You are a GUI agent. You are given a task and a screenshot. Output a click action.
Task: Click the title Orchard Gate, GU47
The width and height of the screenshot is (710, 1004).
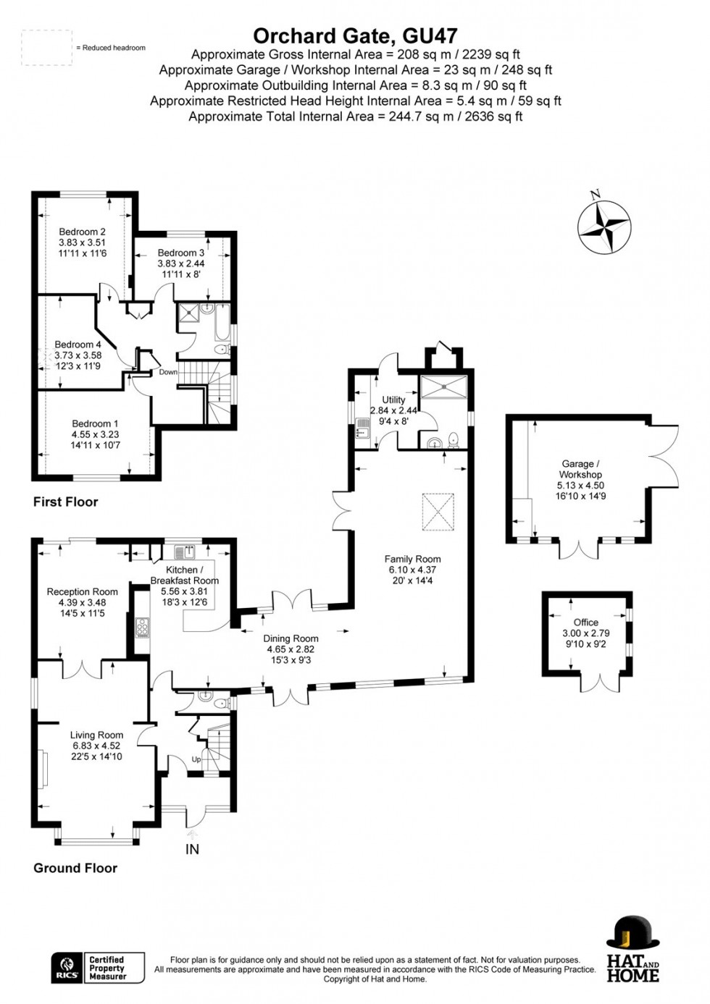pyautogui.click(x=355, y=36)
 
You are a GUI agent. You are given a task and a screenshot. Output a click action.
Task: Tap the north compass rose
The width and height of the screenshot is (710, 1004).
pyautogui.click(x=603, y=227)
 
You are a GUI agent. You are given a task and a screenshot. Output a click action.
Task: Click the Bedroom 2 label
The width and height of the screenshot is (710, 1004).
pyautogui.click(x=83, y=232)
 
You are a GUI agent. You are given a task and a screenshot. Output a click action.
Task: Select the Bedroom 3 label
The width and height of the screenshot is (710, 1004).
pyautogui.click(x=180, y=253)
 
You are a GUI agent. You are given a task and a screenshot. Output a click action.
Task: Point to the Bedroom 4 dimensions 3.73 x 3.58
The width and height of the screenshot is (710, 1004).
pyautogui.click(x=78, y=355)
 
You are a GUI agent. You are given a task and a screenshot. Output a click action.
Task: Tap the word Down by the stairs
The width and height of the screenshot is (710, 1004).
pyautogui.click(x=168, y=372)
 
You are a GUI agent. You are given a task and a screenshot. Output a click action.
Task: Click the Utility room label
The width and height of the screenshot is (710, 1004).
pyautogui.click(x=393, y=400)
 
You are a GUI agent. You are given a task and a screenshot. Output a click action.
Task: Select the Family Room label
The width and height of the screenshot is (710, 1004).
pyautogui.click(x=412, y=559)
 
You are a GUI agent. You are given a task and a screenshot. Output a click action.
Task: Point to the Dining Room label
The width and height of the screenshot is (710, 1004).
pyautogui.click(x=291, y=638)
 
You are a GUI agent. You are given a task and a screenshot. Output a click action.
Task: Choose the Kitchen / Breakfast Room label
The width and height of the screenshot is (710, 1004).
pyautogui.click(x=184, y=575)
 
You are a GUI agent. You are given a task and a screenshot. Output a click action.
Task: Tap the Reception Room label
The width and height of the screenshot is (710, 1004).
pyautogui.click(x=82, y=592)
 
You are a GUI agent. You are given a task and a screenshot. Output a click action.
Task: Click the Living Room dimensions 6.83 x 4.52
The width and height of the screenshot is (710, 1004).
pyautogui.click(x=96, y=746)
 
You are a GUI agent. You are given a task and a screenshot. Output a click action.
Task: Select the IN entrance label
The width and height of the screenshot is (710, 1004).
pyautogui.click(x=192, y=849)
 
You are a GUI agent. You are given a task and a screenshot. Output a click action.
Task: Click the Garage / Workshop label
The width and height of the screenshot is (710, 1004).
pyautogui.click(x=580, y=468)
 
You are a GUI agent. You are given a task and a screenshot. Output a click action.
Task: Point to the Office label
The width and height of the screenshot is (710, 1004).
pyautogui.click(x=585, y=622)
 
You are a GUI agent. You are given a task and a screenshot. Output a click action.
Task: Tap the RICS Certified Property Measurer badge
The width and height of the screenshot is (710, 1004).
pyautogui.click(x=98, y=968)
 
